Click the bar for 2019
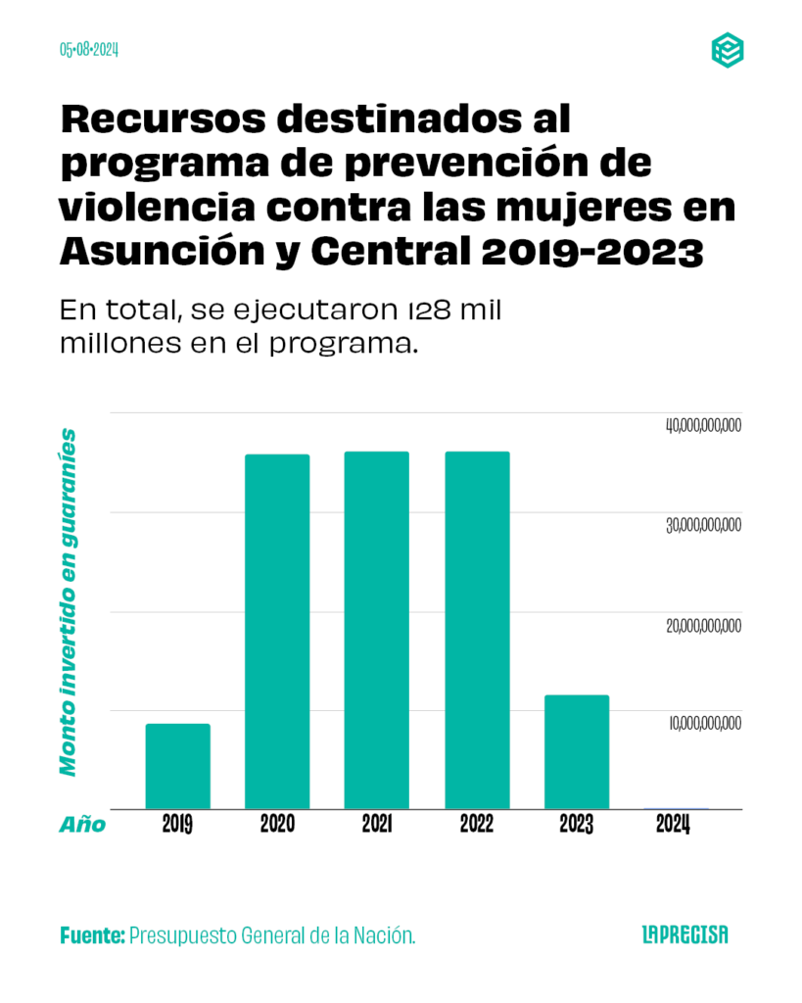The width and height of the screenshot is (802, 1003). point(177,766)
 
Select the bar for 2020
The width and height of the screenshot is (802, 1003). point(277,632)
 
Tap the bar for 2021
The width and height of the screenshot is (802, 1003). point(377,630)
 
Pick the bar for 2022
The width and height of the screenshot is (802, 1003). point(477,630)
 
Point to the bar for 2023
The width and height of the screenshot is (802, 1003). point(577,751)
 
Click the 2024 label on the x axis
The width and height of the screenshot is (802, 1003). point(674,825)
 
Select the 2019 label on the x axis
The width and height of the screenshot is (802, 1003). point(177,825)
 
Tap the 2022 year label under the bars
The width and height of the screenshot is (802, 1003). point(477,825)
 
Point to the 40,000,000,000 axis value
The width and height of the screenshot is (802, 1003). point(703,426)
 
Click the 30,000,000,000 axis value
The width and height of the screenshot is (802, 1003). point(703,526)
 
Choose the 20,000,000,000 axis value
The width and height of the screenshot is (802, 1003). point(703,626)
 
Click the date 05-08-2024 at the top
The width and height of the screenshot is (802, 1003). point(89,50)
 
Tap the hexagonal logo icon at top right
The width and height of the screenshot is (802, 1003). point(727,50)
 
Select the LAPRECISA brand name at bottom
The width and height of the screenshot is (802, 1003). point(685,935)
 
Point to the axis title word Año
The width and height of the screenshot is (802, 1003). point(82,825)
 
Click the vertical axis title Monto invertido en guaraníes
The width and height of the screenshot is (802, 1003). point(69,601)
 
